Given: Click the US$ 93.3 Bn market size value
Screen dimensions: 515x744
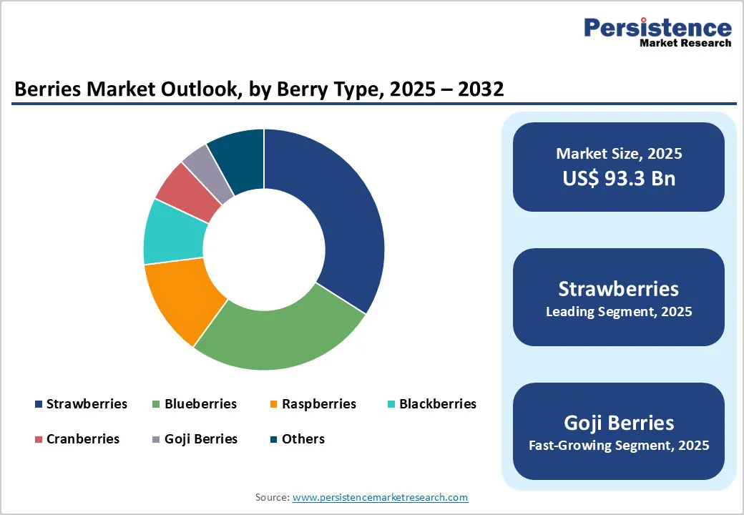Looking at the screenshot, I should point(619,178).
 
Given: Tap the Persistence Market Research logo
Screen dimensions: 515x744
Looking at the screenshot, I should point(657,32).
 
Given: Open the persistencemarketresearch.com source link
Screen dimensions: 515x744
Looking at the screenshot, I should point(380,497).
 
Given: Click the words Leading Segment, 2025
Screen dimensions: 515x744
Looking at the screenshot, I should point(619,312).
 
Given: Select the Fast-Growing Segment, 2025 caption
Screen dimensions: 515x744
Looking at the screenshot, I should point(619,446).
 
